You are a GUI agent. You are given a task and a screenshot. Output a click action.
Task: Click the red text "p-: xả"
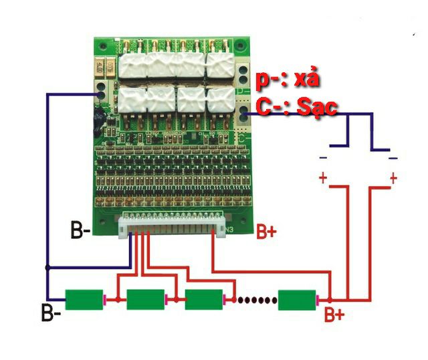coord(289,81)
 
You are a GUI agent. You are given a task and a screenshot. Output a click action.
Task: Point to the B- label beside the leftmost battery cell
coord(51,312)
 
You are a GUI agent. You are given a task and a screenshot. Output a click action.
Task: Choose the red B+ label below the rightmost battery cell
coord(334,314)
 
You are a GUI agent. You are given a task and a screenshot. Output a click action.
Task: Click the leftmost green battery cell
coord(84,298)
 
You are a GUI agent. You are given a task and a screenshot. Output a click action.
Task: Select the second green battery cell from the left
coord(145,298)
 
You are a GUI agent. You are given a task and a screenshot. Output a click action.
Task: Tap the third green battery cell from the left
coord(204,298)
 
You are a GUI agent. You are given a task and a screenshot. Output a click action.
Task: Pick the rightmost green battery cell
coord(298,298)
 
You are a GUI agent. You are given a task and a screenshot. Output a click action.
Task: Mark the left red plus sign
coord(323,178)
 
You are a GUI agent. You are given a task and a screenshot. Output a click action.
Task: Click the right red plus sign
coord(393,178)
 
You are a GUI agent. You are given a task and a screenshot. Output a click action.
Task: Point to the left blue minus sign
coord(323,158)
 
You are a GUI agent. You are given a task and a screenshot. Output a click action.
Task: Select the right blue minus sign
coord(393,158)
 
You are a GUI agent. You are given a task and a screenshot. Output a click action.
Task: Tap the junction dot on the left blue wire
coord(46,268)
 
